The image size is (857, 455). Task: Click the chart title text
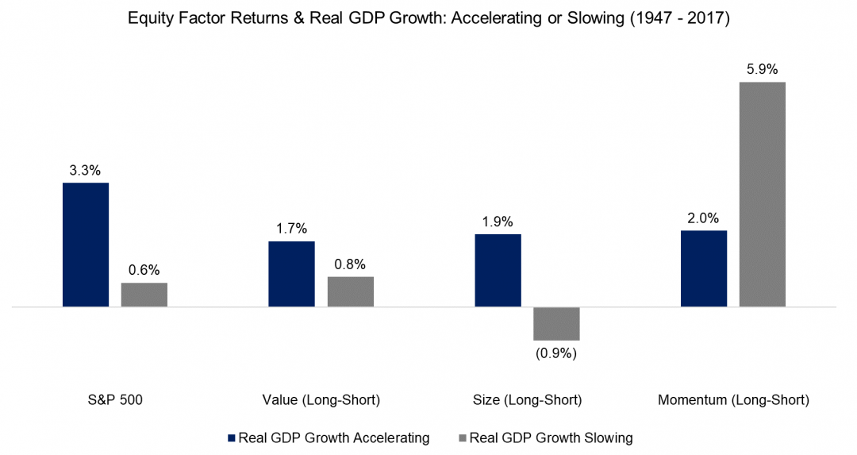click(428, 17)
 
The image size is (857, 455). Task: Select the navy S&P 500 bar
click(86, 245)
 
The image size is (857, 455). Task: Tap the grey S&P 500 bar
click(144, 295)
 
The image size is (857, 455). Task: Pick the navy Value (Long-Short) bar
click(291, 274)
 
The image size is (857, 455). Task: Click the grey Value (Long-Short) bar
click(350, 291)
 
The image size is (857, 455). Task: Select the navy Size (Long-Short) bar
click(498, 270)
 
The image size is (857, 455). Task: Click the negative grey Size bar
click(556, 323)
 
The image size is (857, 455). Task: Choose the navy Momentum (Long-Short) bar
click(704, 268)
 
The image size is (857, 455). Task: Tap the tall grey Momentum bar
click(763, 194)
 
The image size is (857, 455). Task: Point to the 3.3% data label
click(86, 170)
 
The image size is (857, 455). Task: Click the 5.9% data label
click(763, 69)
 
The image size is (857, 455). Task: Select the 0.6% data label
click(144, 270)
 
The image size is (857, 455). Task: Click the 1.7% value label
click(291, 229)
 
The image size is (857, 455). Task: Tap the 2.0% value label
click(704, 218)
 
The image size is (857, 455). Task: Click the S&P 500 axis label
click(115, 401)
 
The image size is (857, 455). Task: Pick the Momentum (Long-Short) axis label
click(733, 401)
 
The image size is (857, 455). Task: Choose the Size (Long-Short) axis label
click(527, 401)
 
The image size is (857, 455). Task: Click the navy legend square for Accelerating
click(231, 438)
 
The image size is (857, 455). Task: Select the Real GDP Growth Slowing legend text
click(551, 438)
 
